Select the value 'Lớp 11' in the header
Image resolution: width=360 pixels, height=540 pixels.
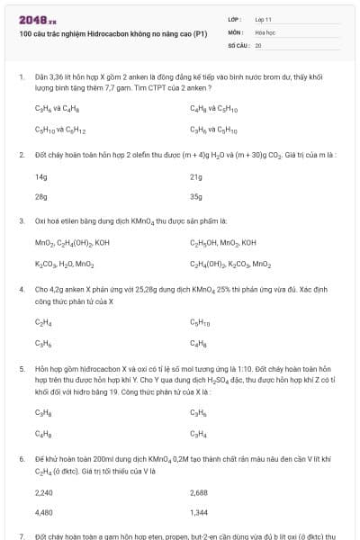pyautogui.click(x=263, y=19)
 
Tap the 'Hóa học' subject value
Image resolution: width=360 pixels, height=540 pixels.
pyautogui.click(x=265, y=31)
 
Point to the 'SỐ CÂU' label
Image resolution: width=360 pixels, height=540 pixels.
pyautogui.click(x=237, y=44)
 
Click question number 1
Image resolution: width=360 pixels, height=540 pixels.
pyautogui.click(x=21, y=78)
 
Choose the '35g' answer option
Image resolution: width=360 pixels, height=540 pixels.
pyautogui.click(x=196, y=196)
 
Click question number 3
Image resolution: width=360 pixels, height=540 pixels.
pyautogui.click(x=21, y=220)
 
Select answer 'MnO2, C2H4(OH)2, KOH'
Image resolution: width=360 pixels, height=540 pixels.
pyautogui.click(x=72, y=242)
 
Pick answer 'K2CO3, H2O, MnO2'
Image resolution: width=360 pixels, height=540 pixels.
pyautogui.click(x=64, y=264)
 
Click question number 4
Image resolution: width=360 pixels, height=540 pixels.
pyautogui.click(x=21, y=290)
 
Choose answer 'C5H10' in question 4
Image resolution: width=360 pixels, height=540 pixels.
pyautogui.click(x=200, y=321)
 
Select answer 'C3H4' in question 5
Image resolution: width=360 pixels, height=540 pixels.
pyautogui.click(x=198, y=433)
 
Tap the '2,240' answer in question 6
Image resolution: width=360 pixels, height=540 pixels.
pyautogui.click(x=43, y=492)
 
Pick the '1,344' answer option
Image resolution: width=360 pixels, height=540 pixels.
pyautogui.click(x=199, y=514)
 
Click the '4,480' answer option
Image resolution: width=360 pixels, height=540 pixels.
pyautogui.click(x=43, y=514)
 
